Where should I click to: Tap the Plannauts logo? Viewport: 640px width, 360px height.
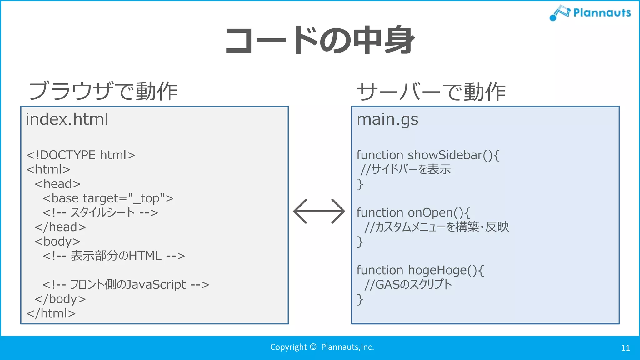[x=590, y=13]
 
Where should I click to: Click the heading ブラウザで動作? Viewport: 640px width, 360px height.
[x=103, y=91]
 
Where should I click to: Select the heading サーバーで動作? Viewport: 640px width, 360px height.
[x=431, y=92]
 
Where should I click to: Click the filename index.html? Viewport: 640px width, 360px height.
[x=67, y=119]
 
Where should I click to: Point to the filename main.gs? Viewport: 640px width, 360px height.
[x=387, y=119]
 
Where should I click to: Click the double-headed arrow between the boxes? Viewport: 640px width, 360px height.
[x=319, y=211]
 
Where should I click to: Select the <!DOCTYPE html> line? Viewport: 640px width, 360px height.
[x=81, y=155]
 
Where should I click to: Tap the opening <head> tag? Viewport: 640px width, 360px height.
[x=57, y=184]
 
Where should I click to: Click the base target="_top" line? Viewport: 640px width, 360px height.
[x=108, y=198]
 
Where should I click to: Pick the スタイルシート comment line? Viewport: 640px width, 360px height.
[x=100, y=212]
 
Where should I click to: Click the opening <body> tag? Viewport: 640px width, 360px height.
[x=57, y=241]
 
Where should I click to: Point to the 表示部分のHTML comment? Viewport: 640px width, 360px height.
[x=114, y=256]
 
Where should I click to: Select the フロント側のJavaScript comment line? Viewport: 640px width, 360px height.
[x=126, y=284]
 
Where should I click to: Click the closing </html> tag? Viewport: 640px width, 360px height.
[x=51, y=313]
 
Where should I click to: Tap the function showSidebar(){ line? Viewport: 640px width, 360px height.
[x=428, y=155]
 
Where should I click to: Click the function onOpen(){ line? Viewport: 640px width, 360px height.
[x=413, y=212]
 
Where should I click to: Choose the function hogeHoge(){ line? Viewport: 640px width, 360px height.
[x=420, y=270]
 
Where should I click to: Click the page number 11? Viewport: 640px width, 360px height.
[x=625, y=348]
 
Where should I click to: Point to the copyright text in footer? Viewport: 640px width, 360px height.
[x=322, y=347]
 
